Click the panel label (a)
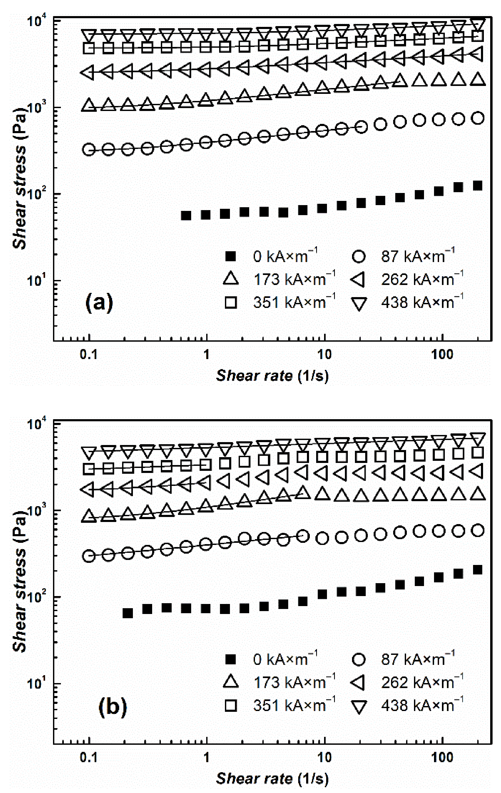coord(99,302)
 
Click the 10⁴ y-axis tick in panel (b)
coord(38,424)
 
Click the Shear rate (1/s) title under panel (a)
coord(272,375)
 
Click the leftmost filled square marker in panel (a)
coord(186,216)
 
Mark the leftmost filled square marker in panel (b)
coord(127,613)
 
